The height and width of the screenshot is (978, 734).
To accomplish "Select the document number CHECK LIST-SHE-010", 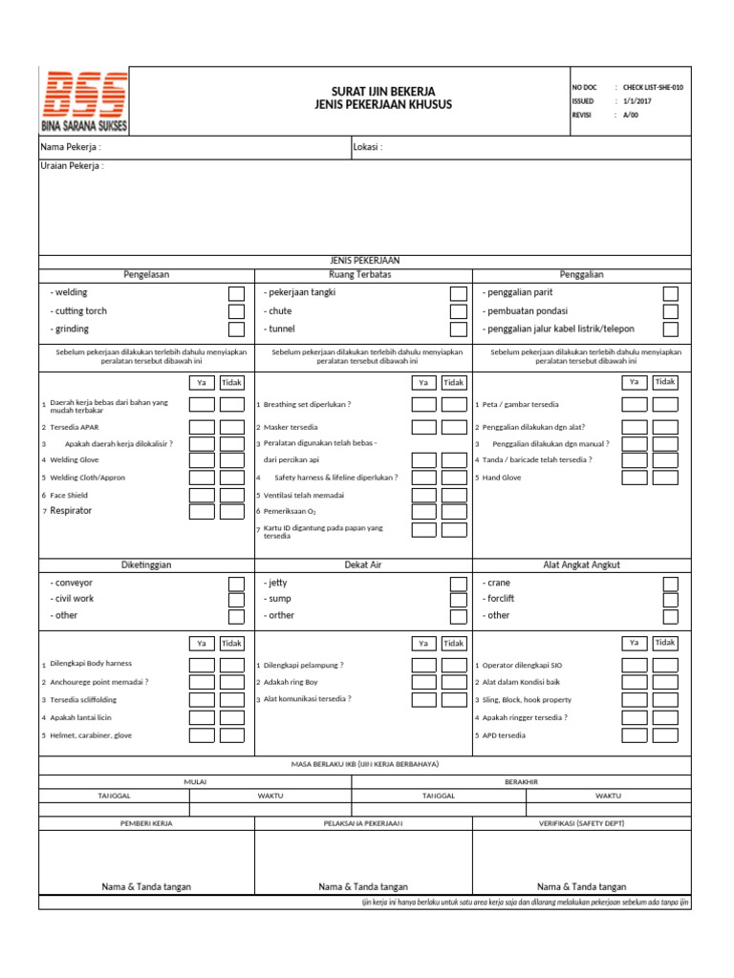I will click(x=653, y=87).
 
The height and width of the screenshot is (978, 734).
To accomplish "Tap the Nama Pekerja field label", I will click(x=70, y=148).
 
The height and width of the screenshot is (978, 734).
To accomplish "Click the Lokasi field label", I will click(x=368, y=148).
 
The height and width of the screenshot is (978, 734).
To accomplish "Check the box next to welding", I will click(x=236, y=293).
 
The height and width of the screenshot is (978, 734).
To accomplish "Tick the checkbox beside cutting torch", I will click(x=236, y=311).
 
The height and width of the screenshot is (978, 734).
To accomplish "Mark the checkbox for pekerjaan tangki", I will click(x=459, y=293).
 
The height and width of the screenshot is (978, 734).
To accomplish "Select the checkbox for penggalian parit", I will click(x=671, y=293).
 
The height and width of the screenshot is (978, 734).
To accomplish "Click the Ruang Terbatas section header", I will click(x=359, y=275).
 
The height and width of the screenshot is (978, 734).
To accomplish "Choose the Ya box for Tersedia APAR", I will click(x=201, y=427).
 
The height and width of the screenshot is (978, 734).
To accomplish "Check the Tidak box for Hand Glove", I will click(x=665, y=477).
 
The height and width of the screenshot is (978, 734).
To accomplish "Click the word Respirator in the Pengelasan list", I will click(x=72, y=511).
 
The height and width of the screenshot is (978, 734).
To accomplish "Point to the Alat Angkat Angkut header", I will click(x=581, y=565).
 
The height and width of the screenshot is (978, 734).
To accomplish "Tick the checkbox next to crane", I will click(x=671, y=583).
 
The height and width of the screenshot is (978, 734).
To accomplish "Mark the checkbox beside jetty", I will click(x=459, y=583).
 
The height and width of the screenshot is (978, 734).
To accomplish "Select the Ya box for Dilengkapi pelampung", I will click(x=423, y=665).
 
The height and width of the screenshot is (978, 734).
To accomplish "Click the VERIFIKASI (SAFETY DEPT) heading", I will click(x=581, y=822).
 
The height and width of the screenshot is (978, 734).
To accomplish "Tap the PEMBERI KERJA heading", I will click(x=146, y=822).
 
